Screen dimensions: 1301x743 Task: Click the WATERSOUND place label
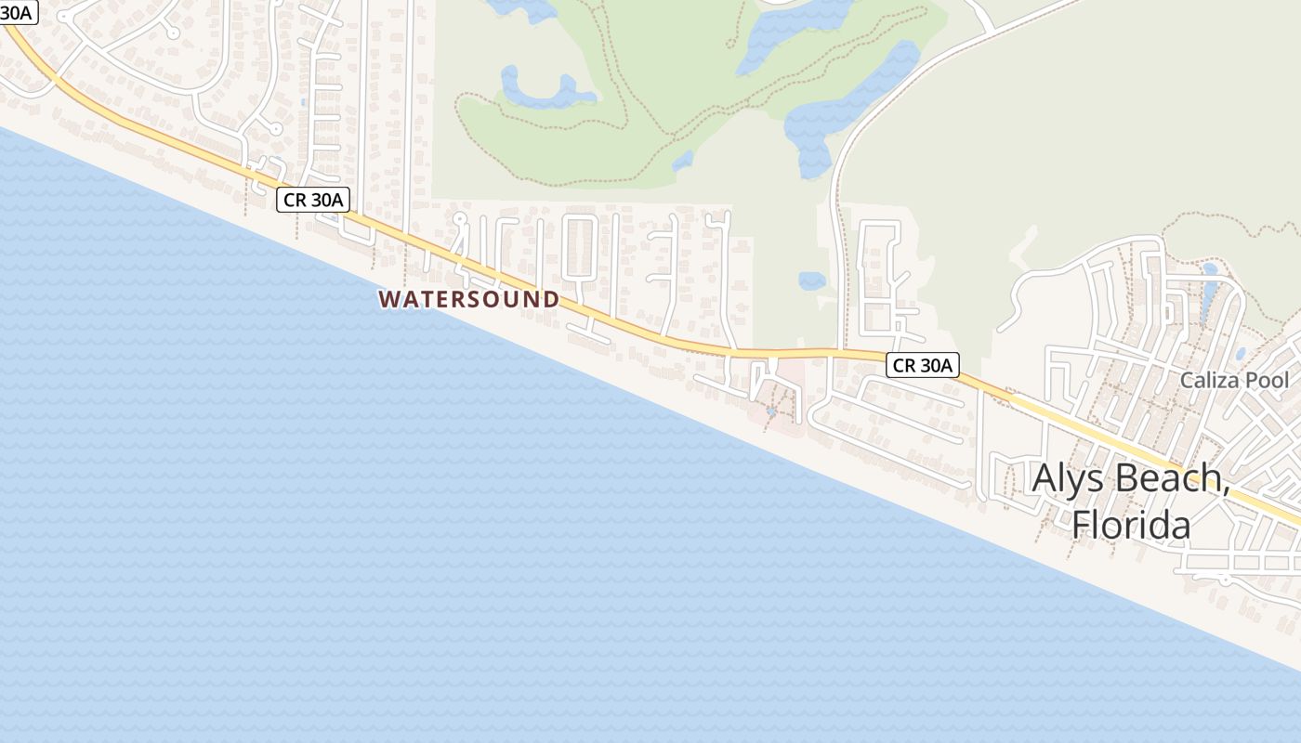point(469,299)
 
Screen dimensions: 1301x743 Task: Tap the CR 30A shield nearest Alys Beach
point(921,365)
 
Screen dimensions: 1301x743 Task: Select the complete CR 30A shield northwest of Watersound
point(312,199)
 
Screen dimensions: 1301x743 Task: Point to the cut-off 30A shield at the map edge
point(17,12)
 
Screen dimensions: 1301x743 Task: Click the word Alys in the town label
point(1069,478)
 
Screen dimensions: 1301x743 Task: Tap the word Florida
point(1131,525)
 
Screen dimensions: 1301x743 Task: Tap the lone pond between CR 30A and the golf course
point(811,280)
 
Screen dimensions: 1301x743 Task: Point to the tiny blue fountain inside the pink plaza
point(771,411)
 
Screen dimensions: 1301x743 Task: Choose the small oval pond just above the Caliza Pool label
point(1241,354)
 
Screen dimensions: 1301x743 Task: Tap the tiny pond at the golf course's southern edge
point(683,161)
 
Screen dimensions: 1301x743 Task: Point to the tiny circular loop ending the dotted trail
point(731,43)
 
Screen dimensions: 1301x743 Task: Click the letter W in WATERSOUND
point(388,299)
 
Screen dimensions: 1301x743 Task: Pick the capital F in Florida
point(1081,525)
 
